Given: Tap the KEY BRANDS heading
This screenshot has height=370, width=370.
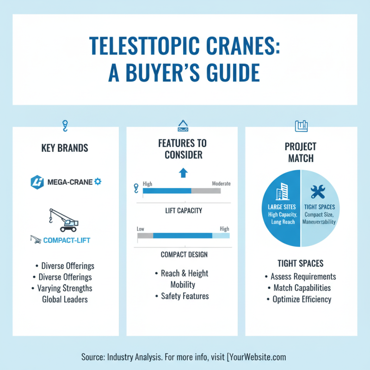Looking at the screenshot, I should tap(65, 148).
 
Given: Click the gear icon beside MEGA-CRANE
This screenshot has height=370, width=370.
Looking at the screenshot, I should tap(98, 182).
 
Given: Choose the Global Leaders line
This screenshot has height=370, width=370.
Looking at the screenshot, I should tap(64, 299).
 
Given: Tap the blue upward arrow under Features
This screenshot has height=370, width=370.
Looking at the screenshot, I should tap(183, 173).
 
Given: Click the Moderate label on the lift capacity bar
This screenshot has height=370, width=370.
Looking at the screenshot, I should tap(221, 184).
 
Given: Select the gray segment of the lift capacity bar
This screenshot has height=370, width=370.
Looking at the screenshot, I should tap(206, 191).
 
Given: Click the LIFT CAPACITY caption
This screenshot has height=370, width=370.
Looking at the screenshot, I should tap(184, 211).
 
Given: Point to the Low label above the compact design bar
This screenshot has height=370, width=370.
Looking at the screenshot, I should tap(141, 228).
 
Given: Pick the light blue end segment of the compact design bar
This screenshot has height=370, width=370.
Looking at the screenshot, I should tap(221, 235).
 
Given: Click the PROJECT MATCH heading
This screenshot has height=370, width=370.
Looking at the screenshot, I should tap(301, 153).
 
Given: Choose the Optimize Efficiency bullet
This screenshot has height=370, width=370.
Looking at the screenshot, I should tap(301, 299).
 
